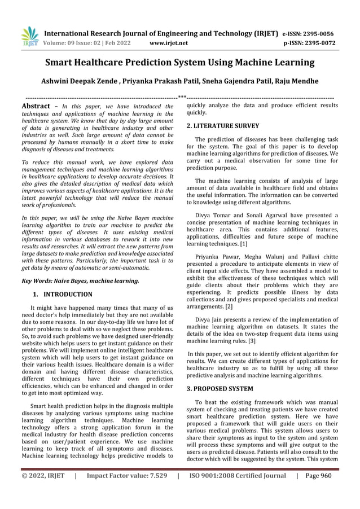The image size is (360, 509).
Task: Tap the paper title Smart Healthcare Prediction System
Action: click(179, 62)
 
